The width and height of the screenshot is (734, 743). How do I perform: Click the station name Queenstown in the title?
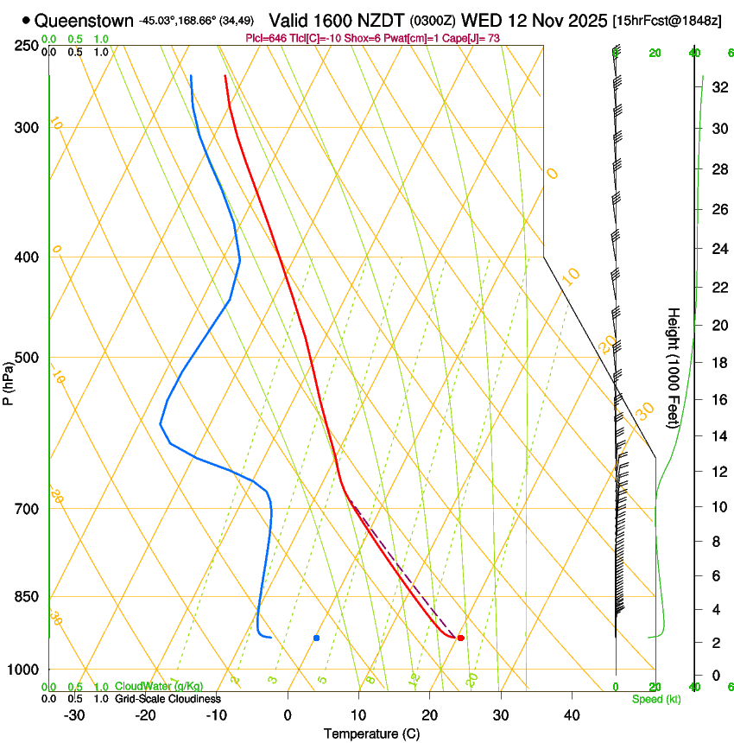85,20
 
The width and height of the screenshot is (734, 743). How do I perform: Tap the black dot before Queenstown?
27,20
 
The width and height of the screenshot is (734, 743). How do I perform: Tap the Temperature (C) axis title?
371,734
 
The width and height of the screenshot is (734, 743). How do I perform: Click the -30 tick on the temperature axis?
74,715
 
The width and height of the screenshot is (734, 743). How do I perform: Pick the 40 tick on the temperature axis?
571,715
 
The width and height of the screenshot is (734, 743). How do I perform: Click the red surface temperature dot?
460,638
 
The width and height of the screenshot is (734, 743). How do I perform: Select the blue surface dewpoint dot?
317,638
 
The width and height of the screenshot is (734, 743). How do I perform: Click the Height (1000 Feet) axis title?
674,367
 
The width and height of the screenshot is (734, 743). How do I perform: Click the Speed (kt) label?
655,699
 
